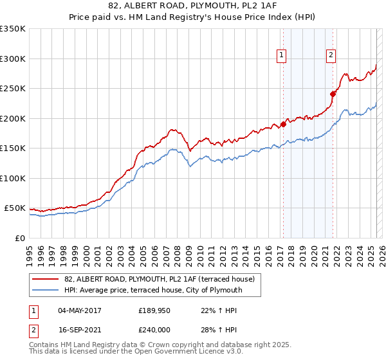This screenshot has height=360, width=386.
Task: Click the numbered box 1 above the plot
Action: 282,56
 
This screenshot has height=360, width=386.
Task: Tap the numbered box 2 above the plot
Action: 331,56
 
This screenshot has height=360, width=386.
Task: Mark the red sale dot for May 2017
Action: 283,125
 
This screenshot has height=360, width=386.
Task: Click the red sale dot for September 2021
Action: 333,94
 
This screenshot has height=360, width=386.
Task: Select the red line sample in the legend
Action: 46,279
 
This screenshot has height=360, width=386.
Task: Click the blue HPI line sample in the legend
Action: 46,290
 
